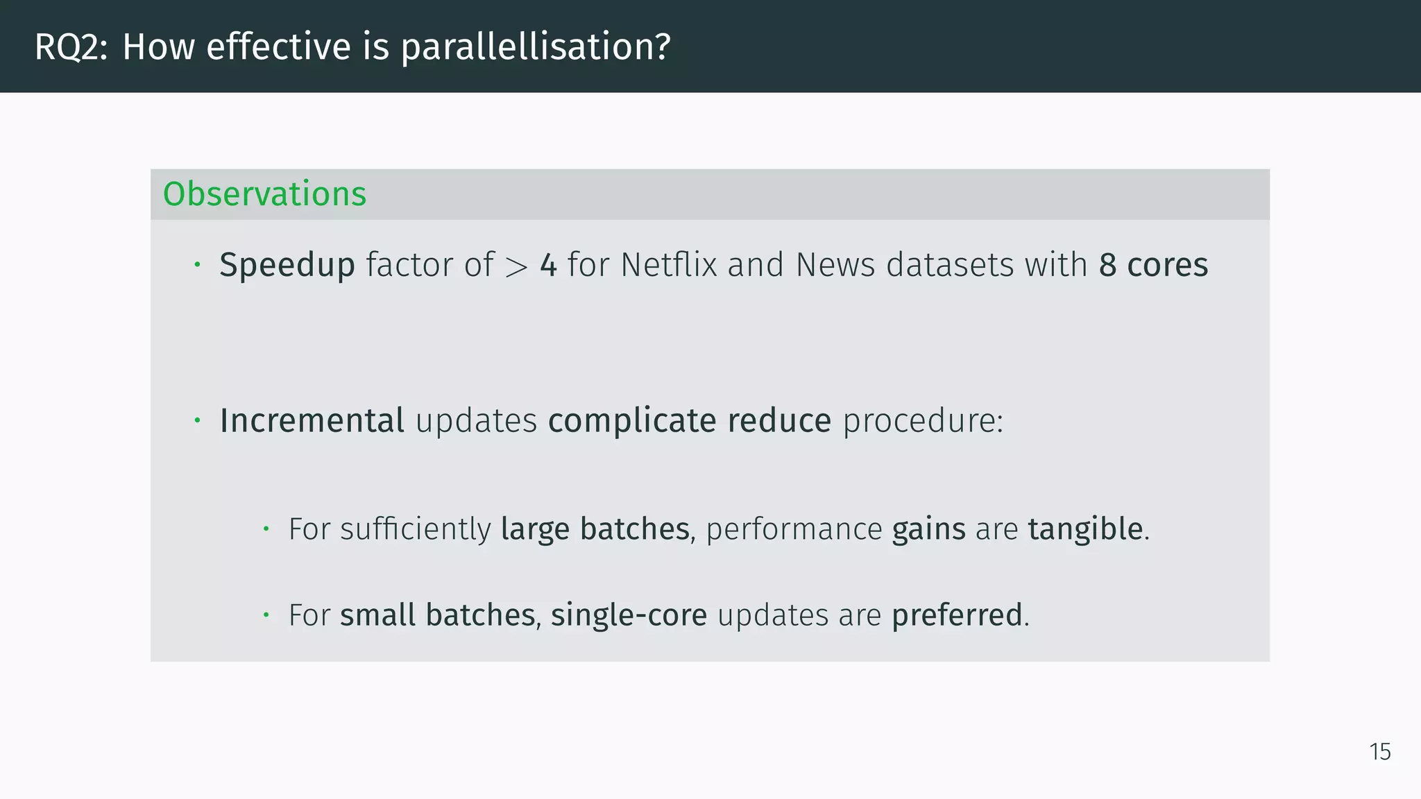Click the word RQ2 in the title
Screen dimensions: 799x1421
click(70, 47)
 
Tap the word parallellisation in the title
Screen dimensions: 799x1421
click(535, 47)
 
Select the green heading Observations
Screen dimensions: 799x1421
click(264, 194)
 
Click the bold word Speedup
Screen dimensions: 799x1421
click(287, 265)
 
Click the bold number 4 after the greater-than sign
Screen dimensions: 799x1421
click(548, 265)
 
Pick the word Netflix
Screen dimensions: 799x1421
click(668, 265)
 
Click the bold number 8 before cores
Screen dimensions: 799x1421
click(1107, 265)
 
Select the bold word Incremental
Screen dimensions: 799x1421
click(312, 420)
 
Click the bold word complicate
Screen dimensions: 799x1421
click(631, 420)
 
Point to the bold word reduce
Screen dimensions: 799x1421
click(779, 420)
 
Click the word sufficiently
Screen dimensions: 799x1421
click(416, 529)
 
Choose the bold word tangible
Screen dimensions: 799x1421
click(1085, 529)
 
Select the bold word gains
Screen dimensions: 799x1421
click(928, 529)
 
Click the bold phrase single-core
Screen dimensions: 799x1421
click(629, 615)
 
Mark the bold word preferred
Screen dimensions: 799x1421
click(957, 615)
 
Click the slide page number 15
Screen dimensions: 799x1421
click(1380, 752)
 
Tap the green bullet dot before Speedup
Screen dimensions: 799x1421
click(197, 264)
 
